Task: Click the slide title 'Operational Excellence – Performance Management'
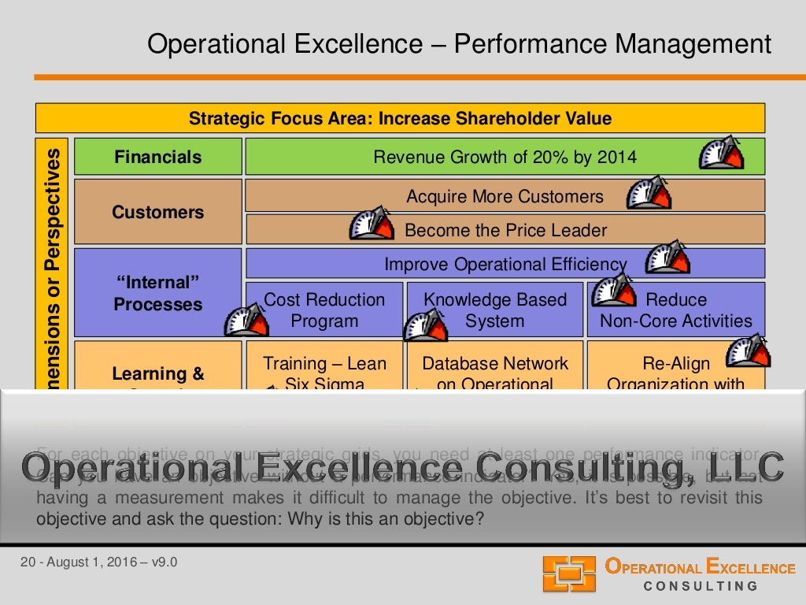point(460,44)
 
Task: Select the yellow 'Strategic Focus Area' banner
point(400,119)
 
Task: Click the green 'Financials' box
point(157,157)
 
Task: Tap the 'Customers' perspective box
point(157,212)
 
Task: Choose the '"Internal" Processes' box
point(157,293)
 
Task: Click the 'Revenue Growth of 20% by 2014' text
point(505,157)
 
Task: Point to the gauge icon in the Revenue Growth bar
point(720,153)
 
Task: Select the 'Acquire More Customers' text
point(505,196)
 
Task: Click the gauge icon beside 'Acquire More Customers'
point(649,193)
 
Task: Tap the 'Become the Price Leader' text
point(505,230)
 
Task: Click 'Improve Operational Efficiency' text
point(505,264)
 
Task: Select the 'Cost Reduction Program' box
point(324,310)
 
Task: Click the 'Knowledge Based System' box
point(494,310)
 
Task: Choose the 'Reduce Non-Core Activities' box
point(675,310)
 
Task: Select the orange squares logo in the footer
point(569,573)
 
